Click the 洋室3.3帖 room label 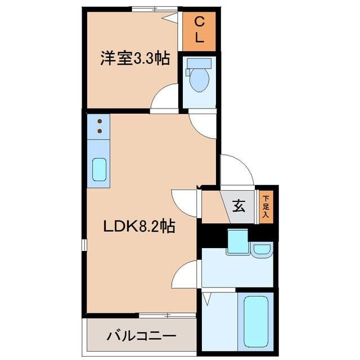pos(135,59)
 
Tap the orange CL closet pos(199,31)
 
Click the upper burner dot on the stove pos(99,121)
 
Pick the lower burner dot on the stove pos(99,131)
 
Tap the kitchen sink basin pos(99,169)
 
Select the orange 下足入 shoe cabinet pos(265,206)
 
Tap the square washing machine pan pos(237,241)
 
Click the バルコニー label pos(141,337)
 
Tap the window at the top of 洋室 pos(154,9)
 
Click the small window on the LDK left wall pos(84,245)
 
